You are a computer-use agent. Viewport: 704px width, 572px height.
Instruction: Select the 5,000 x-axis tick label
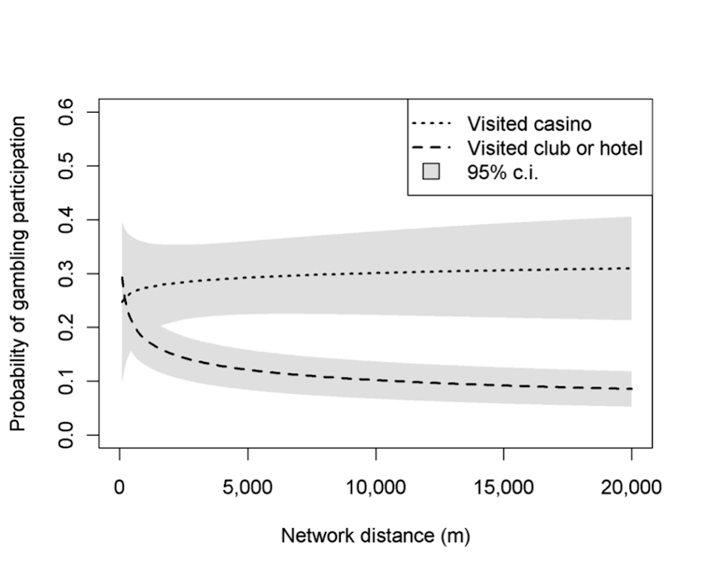point(247,486)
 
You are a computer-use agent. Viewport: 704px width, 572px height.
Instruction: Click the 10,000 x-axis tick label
point(375,486)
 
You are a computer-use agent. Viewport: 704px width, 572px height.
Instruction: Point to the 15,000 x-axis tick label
point(503,486)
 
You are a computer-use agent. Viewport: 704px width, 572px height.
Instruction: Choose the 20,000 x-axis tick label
point(631,486)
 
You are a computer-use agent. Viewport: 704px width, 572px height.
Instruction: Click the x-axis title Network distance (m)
point(375,537)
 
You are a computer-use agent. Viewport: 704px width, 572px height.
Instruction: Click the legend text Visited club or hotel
point(555,147)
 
